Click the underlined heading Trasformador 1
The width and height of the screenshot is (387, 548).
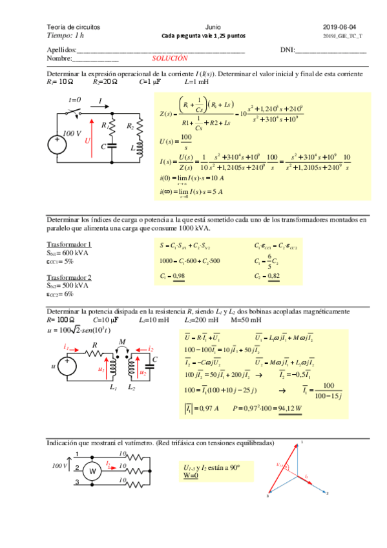pos(69,244)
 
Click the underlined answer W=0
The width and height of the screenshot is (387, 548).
pos(191,476)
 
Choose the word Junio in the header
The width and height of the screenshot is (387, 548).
pos(212,27)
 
